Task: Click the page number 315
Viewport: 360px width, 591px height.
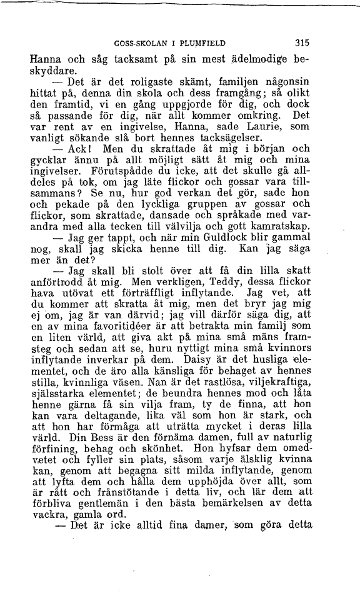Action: click(x=302, y=44)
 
